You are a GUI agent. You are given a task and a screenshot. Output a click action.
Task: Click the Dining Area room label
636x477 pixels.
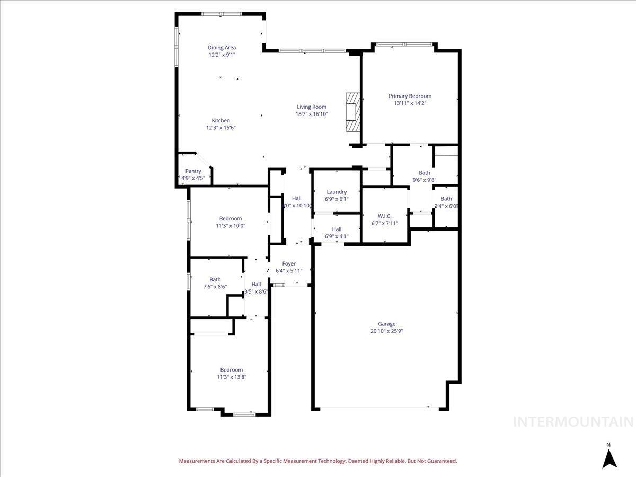tap(222, 48)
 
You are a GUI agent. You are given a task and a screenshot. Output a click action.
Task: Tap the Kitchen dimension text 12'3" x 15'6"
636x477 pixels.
tap(220, 128)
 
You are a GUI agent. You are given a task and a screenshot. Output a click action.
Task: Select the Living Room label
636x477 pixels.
tap(311, 107)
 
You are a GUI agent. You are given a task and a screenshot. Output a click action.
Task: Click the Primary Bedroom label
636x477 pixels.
tap(410, 96)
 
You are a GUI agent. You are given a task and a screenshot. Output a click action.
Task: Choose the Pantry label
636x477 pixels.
tap(193, 171)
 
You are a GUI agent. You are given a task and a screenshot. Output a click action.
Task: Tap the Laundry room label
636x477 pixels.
tap(337, 192)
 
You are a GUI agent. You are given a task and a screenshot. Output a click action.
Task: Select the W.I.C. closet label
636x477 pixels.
tap(384, 216)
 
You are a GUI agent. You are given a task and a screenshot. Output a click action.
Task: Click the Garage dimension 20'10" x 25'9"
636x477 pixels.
tap(386, 331)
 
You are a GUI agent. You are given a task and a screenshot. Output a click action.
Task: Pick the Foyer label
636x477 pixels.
tap(289, 263)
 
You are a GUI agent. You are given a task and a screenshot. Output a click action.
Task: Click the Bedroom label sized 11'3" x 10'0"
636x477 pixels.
tap(230, 218)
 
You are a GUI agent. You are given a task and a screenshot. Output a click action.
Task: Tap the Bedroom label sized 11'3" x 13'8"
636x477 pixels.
tap(232, 370)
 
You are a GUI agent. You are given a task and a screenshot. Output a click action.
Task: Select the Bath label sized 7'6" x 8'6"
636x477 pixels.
tap(215, 279)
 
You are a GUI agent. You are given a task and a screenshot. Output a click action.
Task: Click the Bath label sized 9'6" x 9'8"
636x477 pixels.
tap(424, 173)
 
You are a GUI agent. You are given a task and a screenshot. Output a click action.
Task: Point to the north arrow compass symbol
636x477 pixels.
tap(609, 457)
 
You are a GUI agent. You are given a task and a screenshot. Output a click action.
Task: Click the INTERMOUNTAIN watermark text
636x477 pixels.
tap(574, 422)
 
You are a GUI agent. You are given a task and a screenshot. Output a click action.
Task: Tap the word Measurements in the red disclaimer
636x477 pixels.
tap(197, 461)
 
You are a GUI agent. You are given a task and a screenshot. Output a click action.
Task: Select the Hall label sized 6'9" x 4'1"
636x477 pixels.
tap(337, 229)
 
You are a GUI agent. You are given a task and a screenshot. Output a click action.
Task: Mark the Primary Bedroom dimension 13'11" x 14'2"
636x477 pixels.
tap(410, 103)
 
